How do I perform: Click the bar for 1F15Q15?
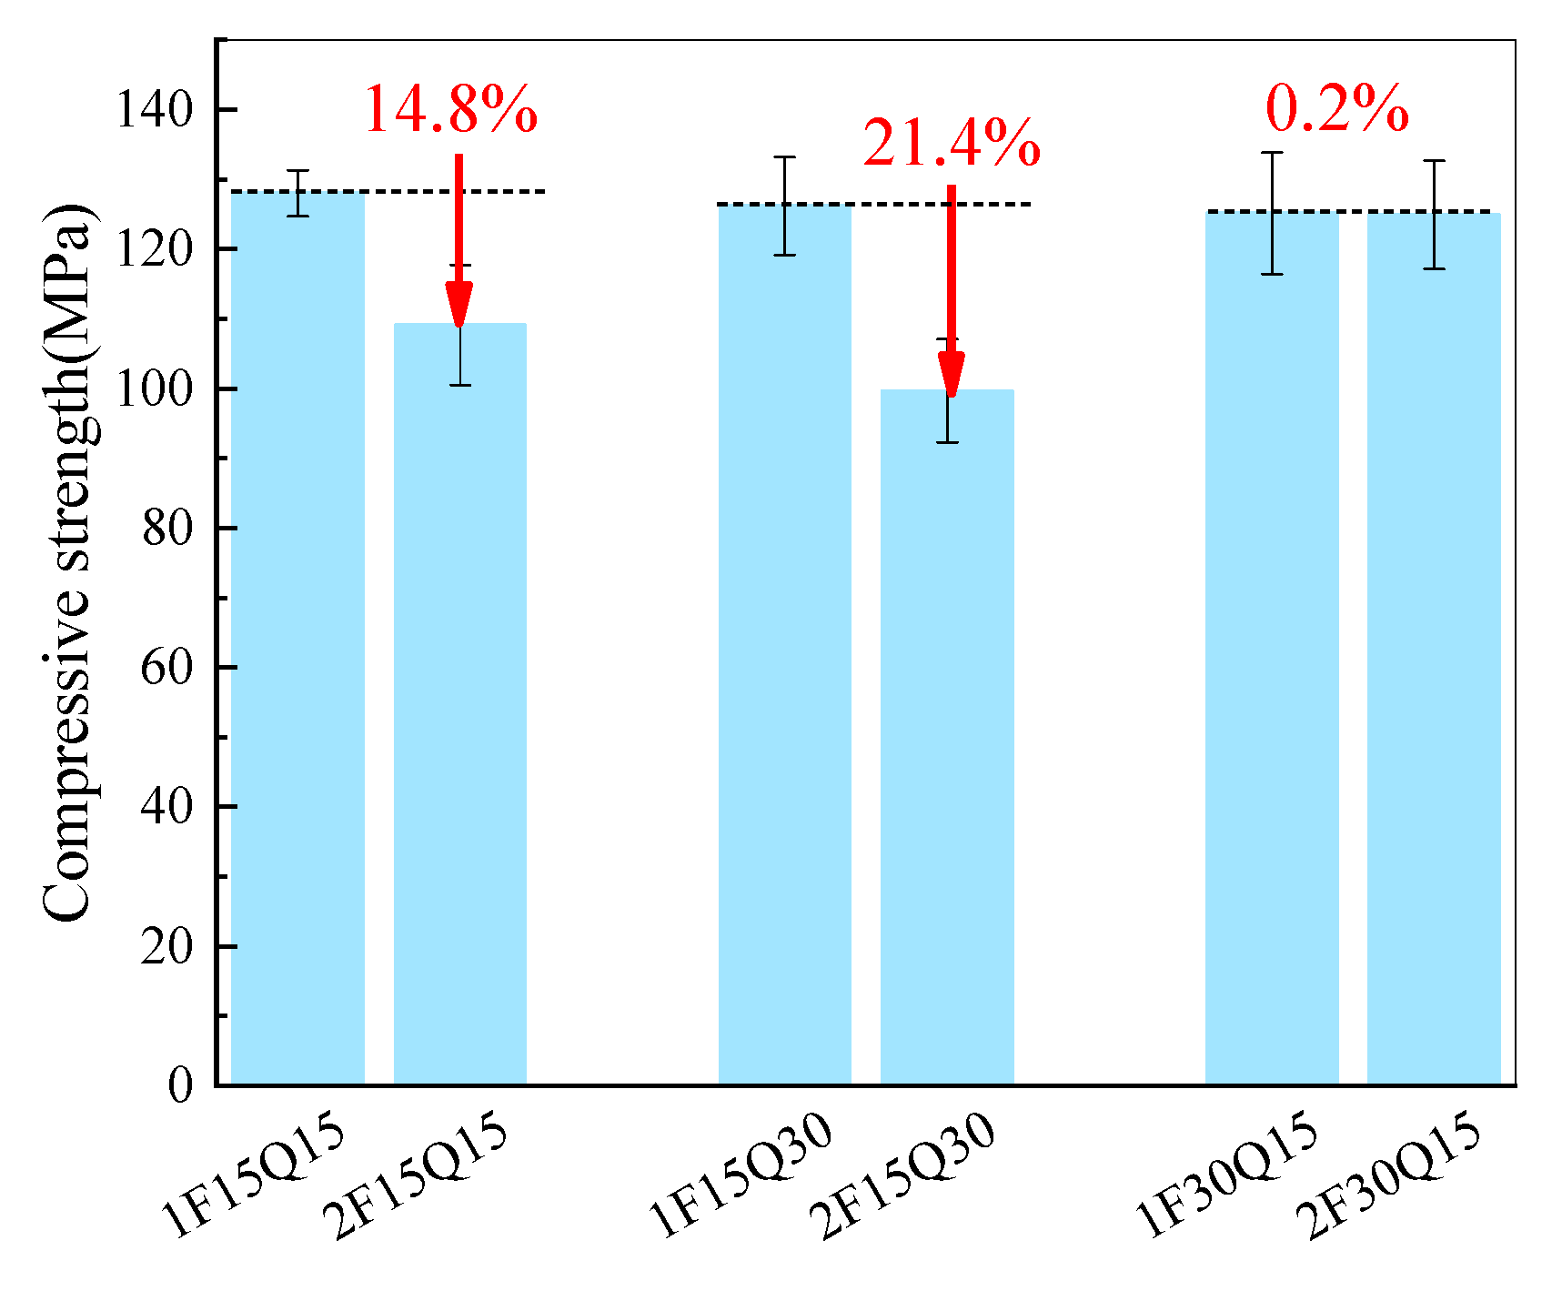click(x=297, y=637)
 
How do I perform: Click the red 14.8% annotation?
click(x=450, y=111)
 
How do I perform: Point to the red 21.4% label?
click(x=951, y=144)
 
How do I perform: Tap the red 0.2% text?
click(x=1336, y=109)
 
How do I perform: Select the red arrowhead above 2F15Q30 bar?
click(x=952, y=374)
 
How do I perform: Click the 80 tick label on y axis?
click(x=167, y=528)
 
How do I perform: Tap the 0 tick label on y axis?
click(x=180, y=1084)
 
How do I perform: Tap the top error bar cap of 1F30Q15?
click(x=1272, y=153)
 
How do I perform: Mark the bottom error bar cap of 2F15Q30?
click(x=947, y=442)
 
